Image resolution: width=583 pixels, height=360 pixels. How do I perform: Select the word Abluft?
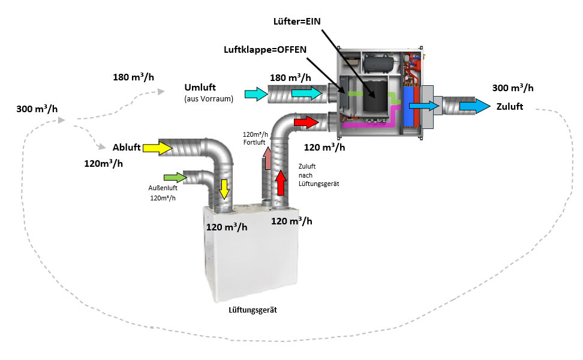[x=126, y=148]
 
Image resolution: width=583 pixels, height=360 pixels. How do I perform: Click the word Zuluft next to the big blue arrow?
[x=510, y=107]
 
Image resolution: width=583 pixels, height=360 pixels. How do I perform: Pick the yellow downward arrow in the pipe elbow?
[x=224, y=188]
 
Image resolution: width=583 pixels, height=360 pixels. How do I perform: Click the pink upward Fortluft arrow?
[x=267, y=159]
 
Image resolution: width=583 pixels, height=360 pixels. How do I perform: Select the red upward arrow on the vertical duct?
[x=280, y=182]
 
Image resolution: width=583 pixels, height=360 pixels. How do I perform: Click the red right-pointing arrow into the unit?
[x=305, y=122]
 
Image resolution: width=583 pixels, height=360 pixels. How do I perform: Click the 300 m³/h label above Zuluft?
[x=512, y=88]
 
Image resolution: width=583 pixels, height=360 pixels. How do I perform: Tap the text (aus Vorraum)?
[x=209, y=99]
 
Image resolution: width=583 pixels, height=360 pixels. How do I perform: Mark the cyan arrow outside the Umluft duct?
[x=256, y=94]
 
